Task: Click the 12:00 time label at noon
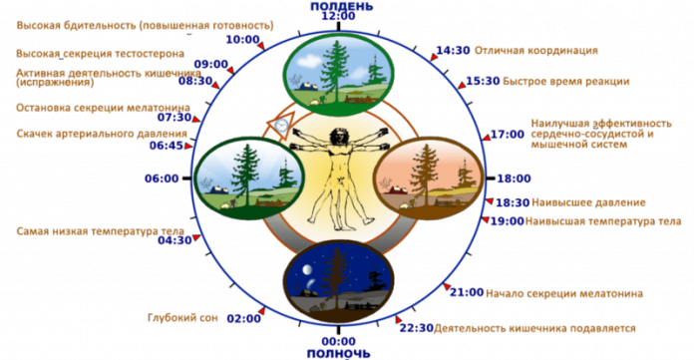(339, 16)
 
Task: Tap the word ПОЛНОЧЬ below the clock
(339, 354)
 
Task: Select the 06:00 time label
(162, 179)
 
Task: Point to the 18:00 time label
(514, 179)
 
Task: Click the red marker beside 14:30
(433, 57)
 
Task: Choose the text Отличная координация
(536, 51)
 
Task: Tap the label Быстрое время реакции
(566, 82)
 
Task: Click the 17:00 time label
(508, 135)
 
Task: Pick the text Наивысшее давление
(588, 202)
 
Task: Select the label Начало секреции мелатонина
(564, 293)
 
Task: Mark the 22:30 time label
(416, 328)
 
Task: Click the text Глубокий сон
(182, 317)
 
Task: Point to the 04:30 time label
(174, 240)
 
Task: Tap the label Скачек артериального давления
(102, 134)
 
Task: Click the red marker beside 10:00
(262, 46)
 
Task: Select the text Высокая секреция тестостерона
(100, 54)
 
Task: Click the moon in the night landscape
(307, 269)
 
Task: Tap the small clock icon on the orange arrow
(281, 126)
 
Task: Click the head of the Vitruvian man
(339, 135)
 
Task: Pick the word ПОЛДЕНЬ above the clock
(342, 6)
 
